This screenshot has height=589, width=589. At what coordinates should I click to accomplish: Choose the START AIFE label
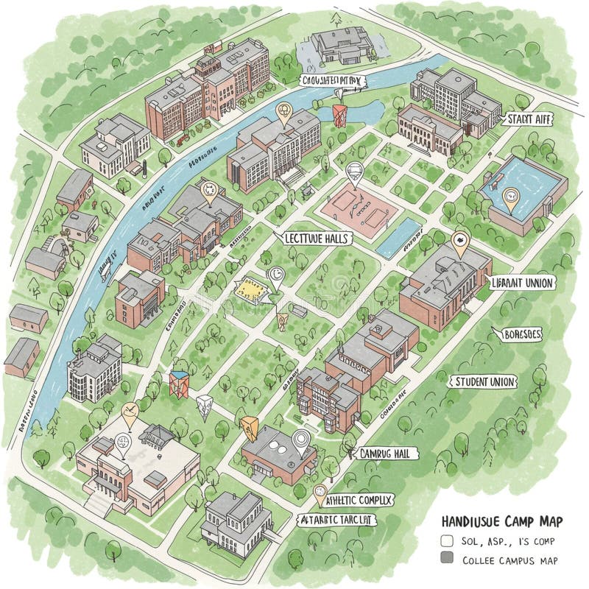[x=528, y=119]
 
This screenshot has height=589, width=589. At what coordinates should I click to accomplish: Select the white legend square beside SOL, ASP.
[x=446, y=541]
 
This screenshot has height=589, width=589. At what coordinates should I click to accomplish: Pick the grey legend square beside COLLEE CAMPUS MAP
[x=446, y=560]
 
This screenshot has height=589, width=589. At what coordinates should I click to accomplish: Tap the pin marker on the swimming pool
[x=510, y=197]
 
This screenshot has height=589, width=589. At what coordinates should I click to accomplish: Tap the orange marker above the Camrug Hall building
[x=249, y=427]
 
